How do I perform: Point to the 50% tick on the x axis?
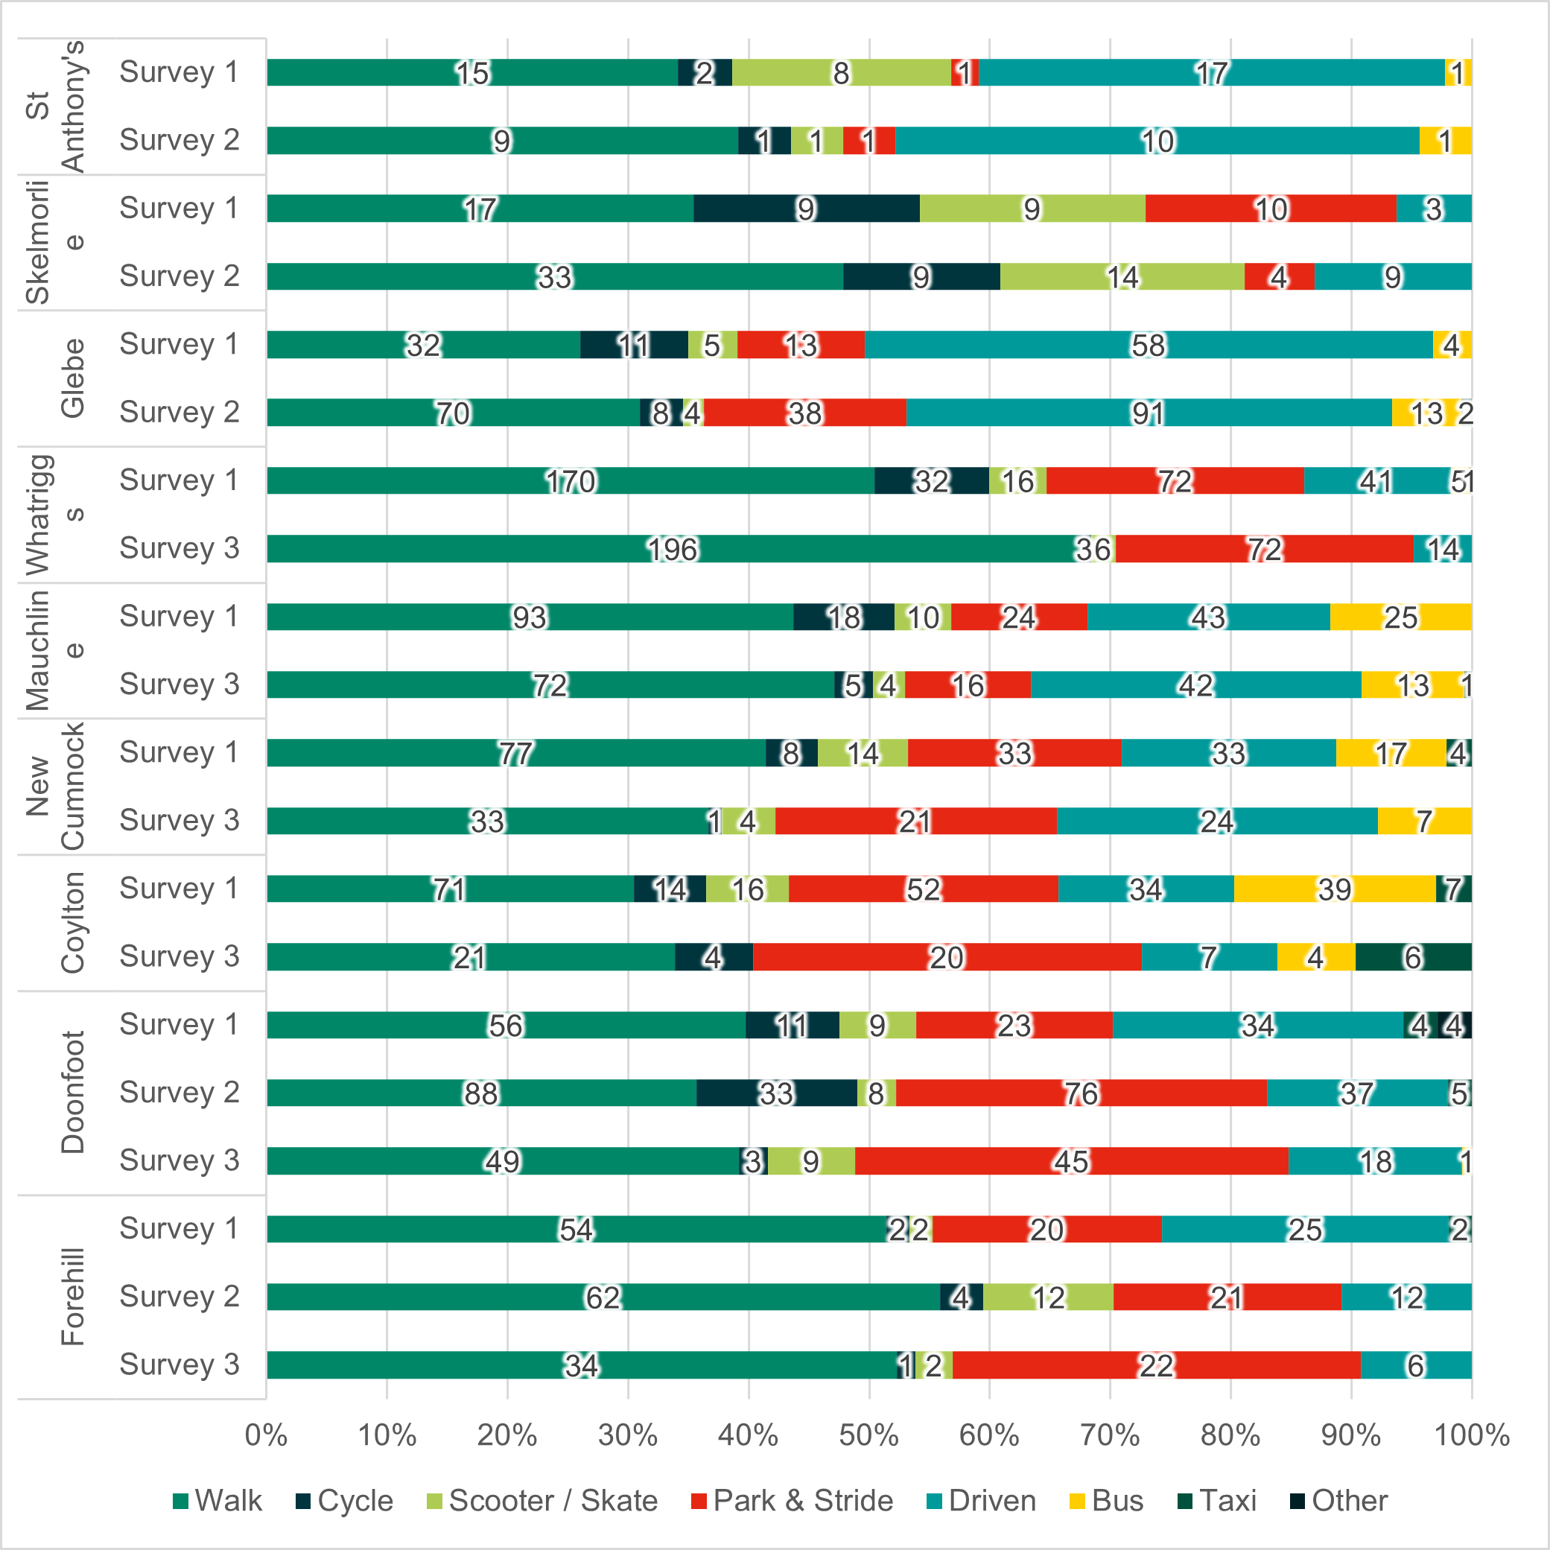pyautogui.click(x=869, y=1435)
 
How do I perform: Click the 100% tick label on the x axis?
pyautogui.click(x=1471, y=1435)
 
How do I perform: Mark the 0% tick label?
pyautogui.click(x=267, y=1435)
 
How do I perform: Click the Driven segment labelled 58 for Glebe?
pyautogui.click(x=1148, y=345)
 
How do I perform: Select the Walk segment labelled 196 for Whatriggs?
pyautogui.click(x=673, y=549)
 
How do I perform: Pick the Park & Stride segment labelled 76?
pyautogui.click(x=1081, y=1093)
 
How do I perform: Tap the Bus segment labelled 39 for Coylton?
pyautogui.click(x=1334, y=889)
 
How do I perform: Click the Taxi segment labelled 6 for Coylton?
pyautogui.click(x=1413, y=957)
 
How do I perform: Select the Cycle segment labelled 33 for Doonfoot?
pyautogui.click(x=776, y=1093)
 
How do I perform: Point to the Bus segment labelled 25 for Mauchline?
pyautogui.click(x=1400, y=617)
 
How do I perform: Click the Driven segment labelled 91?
pyautogui.click(x=1148, y=413)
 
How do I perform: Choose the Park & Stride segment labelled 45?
pyautogui.click(x=1071, y=1161)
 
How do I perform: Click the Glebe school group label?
pyautogui.click(x=72, y=378)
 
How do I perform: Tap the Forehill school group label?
pyautogui.click(x=72, y=1298)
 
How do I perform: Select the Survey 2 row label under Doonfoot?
pyautogui.click(x=179, y=1092)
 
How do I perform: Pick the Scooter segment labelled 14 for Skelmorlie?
pyautogui.click(x=1122, y=277)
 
